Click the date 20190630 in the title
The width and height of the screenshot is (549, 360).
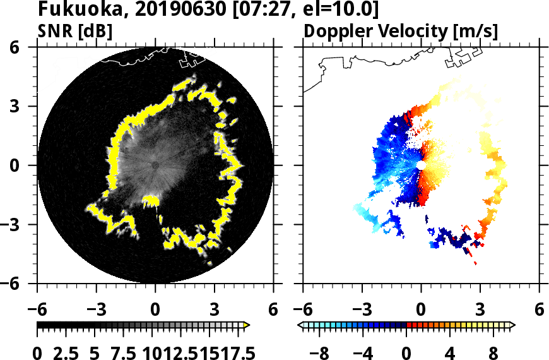(x=162, y=10)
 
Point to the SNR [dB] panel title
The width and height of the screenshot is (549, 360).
(x=75, y=31)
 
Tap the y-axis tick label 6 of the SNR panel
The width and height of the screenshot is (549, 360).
(x=26, y=47)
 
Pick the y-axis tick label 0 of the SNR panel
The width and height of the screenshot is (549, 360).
(x=26, y=165)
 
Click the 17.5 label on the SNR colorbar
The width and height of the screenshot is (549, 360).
(x=235, y=352)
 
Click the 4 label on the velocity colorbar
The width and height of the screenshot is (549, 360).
(x=450, y=352)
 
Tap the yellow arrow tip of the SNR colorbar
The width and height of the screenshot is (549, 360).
(x=247, y=325)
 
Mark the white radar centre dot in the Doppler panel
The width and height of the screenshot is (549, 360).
(x=421, y=165)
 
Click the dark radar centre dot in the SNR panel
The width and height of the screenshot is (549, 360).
(x=155, y=165)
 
